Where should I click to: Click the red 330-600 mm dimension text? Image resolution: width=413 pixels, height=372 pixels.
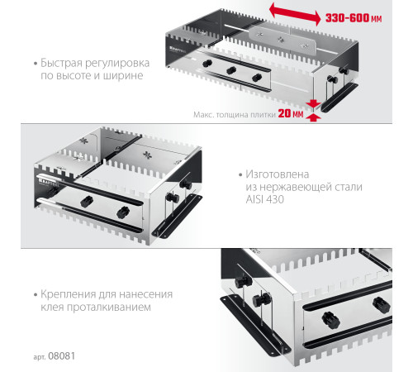(354, 18)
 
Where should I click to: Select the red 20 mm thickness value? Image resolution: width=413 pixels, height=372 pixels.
(291, 113)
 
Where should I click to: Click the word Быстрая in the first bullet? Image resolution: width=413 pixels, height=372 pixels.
(61, 63)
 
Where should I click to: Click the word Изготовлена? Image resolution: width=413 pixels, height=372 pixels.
(278, 174)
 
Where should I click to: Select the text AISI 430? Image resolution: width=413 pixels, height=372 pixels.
(264, 199)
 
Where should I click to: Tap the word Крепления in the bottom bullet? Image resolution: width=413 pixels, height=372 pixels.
(68, 294)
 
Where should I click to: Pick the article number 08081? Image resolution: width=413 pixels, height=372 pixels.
(61, 355)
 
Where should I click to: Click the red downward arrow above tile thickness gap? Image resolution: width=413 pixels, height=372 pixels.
(313, 104)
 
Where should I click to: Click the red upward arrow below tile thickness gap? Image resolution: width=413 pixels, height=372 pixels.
(313, 117)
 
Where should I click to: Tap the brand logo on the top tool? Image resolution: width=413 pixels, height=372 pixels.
(178, 50)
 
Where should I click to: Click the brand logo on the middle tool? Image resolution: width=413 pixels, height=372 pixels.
(49, 182)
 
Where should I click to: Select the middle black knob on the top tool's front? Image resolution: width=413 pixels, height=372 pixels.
(231, 70)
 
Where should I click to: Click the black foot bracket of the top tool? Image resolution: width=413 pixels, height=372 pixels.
(339, 97)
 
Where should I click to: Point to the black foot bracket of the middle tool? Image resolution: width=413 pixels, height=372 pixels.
(177, 216)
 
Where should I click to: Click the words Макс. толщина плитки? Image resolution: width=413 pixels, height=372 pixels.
(235, 115)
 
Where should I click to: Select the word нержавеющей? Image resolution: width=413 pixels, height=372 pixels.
(297, 187)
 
